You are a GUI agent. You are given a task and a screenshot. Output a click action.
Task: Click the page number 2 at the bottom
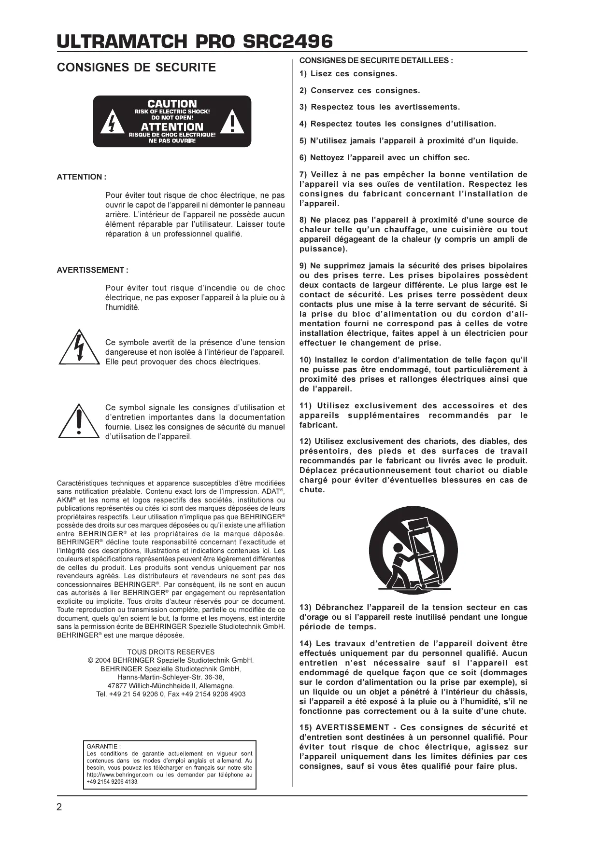click(x=59, y=807)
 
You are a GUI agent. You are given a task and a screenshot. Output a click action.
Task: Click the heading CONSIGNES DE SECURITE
click(x=136, y=68)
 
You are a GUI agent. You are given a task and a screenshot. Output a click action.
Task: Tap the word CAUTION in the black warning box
click(x=172, y=104)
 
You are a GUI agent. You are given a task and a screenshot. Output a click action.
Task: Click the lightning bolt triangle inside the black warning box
click(x=112, y=124)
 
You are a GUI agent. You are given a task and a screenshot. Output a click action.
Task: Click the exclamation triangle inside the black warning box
click(x=233, y=124)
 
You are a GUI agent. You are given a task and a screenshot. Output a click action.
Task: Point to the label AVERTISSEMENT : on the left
click(x=93, y=270)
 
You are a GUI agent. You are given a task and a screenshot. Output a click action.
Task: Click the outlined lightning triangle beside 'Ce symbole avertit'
click(x=78, y=347)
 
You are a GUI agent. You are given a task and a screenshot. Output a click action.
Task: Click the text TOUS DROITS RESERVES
click(x=171, y=652)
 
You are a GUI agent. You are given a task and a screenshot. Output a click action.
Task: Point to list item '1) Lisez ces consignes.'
click(x=348, y=74)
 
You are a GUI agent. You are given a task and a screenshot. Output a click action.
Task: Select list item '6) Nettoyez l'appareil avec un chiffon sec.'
click(x=384, y=158)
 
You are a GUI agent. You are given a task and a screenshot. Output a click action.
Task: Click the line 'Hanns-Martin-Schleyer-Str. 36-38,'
click(x=171, y=677)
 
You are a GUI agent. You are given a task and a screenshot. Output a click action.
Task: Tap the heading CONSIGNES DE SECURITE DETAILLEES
click(x=376, y=61)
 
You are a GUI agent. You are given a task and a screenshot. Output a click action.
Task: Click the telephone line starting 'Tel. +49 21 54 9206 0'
click(x=171, y=694)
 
